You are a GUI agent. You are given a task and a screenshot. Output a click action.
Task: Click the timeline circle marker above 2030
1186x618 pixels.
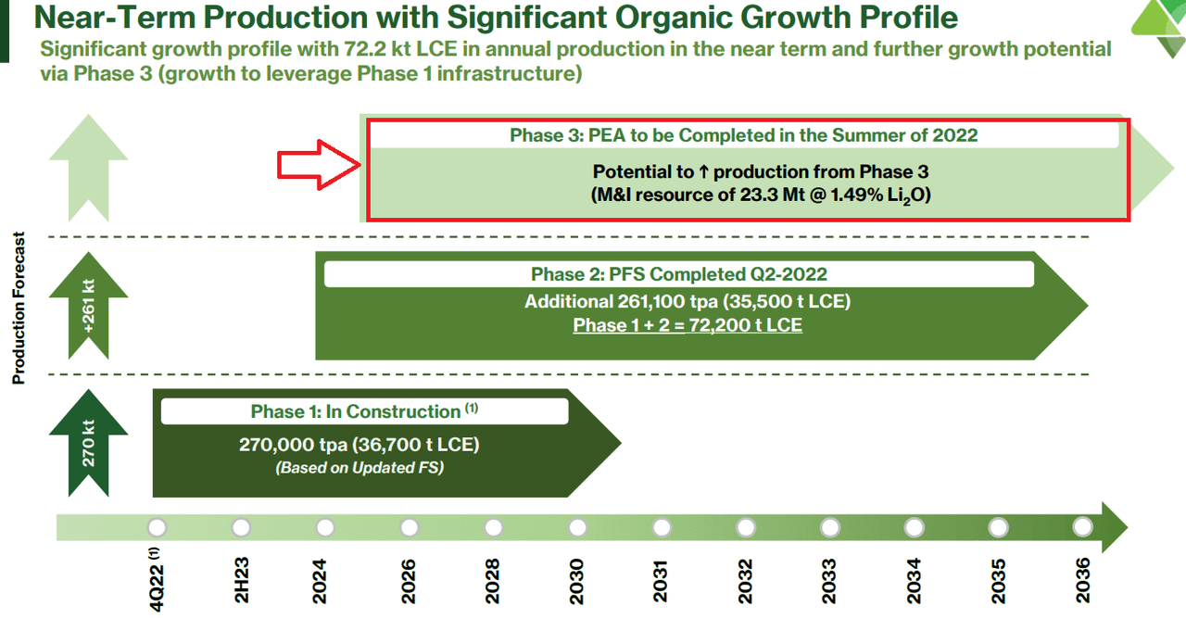click(x=577, y=527)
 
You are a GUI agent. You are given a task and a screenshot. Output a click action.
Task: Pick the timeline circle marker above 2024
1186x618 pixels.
click(x=324, y=527)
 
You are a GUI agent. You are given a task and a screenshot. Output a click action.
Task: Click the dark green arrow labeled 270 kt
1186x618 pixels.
click(x=88, y=442)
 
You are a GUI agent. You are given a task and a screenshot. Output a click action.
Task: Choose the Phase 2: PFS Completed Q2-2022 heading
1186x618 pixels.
click(x=678, y=274)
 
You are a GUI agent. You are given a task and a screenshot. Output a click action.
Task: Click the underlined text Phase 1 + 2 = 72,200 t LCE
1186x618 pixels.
click(x=688, y=325)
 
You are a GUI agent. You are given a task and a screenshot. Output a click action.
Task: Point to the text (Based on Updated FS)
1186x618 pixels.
click(x=360, y=468)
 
